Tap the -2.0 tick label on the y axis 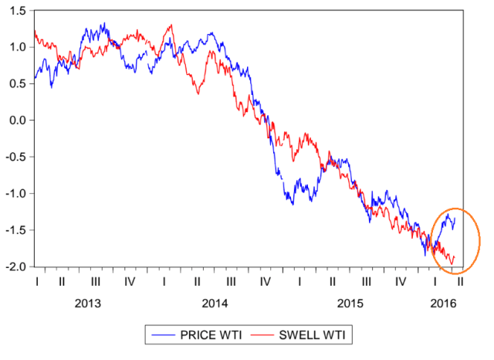[x=15, y=267]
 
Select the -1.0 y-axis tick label [x=15, y=194]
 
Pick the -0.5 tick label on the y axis [x=15, y=158]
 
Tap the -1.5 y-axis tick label [x=15, y=231]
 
